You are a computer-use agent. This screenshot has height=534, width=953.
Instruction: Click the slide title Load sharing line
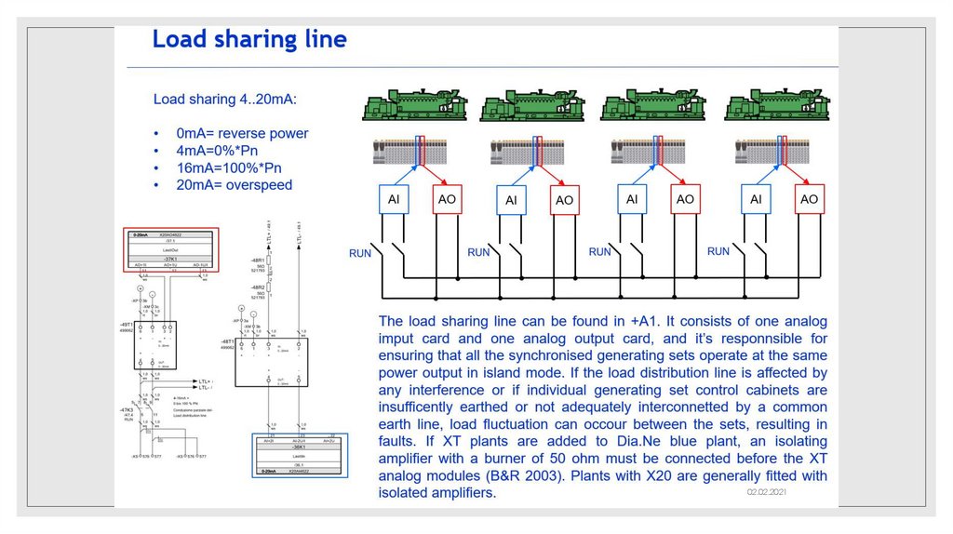point(248,40)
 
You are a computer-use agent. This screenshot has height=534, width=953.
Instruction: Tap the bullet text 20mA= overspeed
point(234,185)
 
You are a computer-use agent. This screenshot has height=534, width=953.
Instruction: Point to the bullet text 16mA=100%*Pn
point(228,167)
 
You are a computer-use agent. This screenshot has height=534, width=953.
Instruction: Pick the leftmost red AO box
point(448,199)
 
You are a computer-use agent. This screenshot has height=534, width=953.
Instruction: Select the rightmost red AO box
point(809,199)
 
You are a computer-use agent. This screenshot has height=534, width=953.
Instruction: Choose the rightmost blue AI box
point(756,199)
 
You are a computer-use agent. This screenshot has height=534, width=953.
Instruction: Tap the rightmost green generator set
point(775,107)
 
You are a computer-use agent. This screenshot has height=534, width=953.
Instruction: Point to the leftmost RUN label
point(360,253)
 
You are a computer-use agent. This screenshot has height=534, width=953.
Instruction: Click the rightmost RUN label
point(718,252)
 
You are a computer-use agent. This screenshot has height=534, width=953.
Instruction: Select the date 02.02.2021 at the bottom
point(766,491)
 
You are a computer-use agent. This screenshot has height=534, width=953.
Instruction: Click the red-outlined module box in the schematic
point(170,249)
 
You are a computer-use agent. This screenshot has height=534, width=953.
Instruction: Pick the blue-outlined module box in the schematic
point(300,456)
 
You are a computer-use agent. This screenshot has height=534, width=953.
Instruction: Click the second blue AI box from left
point(511,200)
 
